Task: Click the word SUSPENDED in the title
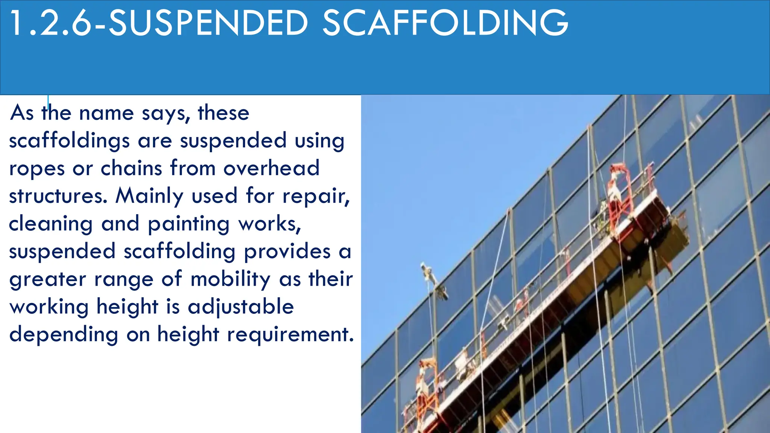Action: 208,23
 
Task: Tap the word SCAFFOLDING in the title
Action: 445,23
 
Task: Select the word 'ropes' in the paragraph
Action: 37,169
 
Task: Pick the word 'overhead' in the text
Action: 271,168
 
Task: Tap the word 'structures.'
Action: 58,196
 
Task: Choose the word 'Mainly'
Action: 150,197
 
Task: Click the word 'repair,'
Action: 316,197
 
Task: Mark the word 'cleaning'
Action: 50,224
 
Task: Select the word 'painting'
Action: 188,224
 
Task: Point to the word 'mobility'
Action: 230,280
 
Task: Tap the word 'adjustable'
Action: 241,307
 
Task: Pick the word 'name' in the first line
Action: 106,113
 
